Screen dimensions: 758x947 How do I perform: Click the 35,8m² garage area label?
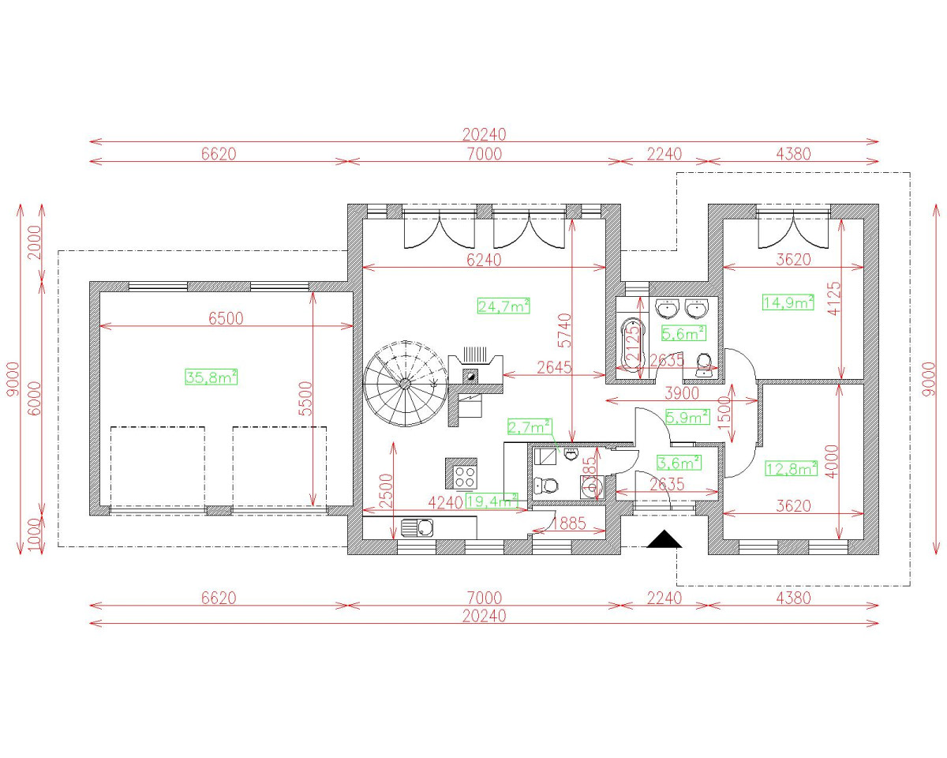[211, 377]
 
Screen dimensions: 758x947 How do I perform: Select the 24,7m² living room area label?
[503, 306]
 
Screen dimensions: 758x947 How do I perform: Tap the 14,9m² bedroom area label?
[788, 302]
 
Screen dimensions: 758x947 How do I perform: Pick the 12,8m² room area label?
[792, 469]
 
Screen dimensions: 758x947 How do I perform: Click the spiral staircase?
[403, 384]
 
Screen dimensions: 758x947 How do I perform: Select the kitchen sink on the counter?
[417, 527]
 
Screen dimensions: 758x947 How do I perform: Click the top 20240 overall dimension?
[484, 134]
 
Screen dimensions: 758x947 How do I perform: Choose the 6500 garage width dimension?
[226, 318]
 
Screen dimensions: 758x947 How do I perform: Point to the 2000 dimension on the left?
[32, 242]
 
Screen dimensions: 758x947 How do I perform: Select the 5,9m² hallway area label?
[687, 416]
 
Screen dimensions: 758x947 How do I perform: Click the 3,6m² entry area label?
[679, 462]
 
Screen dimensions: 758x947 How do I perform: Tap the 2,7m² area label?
[529, 427]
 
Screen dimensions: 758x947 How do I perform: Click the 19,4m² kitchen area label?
[491, 500]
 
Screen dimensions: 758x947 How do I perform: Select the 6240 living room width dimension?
[484, 260]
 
